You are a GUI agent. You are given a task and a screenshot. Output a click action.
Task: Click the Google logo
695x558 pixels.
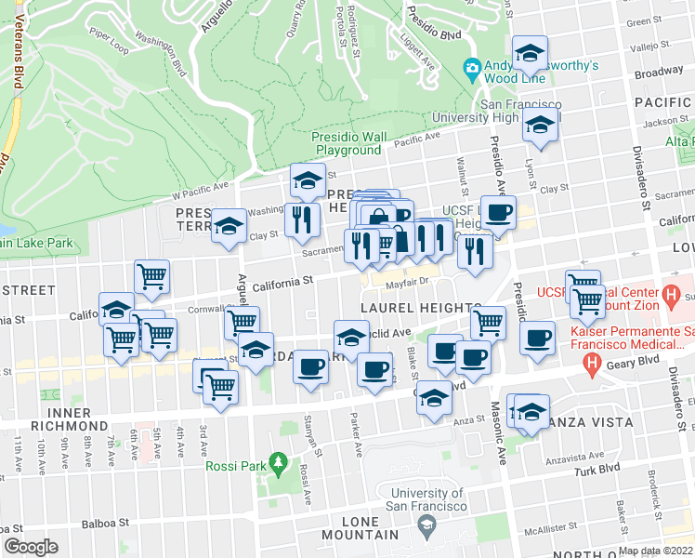(x=31, y=547)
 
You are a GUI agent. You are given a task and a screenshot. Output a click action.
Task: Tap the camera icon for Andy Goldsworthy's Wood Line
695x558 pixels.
(x=472, y=67)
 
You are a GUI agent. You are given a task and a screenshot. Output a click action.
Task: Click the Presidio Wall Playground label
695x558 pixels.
(x=347, y=143)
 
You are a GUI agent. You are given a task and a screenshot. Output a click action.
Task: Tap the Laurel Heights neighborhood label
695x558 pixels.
(x=420, y=308)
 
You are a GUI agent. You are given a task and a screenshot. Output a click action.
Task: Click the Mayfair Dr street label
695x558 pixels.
(x=405, y=280)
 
